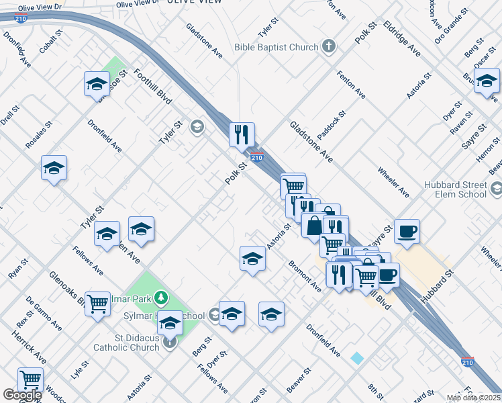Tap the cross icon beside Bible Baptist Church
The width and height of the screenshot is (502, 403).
click(328, 46)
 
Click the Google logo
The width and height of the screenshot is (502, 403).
click(21, 395)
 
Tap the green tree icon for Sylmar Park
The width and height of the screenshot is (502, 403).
click(160, 296)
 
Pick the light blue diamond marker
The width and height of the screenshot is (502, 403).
click(357, 359)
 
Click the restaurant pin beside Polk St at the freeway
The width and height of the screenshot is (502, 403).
click(242, 134)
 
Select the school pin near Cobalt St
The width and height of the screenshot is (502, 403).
click(97, 84)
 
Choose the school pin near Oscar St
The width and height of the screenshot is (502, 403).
click(487, 81)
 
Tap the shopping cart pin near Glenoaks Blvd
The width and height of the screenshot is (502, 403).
click(98, 304)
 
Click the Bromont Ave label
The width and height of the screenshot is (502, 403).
click(305, 276)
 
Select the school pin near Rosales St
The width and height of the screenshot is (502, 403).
click(54, 168)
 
